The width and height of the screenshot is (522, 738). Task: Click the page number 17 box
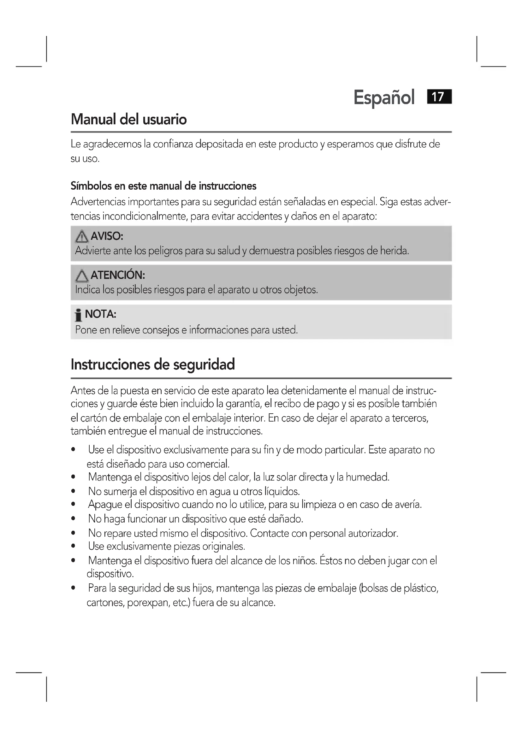pyautogui.click(x=439, y=97)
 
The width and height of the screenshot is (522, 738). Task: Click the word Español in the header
pyautogui.click(x=384, y=97)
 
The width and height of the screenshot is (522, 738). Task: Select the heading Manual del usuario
pyautogui.click(x=128, y=120)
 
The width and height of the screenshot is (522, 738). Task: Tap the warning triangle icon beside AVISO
pyautogui.click(x=82, y=237)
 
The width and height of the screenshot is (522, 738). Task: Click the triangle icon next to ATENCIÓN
pyautogui.click(x=82, y=276)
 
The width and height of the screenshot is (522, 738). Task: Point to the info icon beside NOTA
pyautogui.click(x=78, y=315)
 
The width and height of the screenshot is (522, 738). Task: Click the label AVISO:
pyautogui.click(x=107, y=236)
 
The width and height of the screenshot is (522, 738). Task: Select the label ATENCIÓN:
pyautogui.click(x=118, y=275)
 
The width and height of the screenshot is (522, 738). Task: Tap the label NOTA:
pyautogui.click(x=100, y=314)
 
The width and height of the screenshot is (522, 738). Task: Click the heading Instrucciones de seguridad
pyautogui.click(x=153, y=364)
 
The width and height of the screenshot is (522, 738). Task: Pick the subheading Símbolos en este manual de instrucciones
pyautogui.click(x=163, y=186)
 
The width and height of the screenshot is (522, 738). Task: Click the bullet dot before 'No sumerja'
pyautogui.click(x=74, y=492)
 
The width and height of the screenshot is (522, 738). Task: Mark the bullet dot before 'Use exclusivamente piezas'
pyautogui.click(x=74, y=546)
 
